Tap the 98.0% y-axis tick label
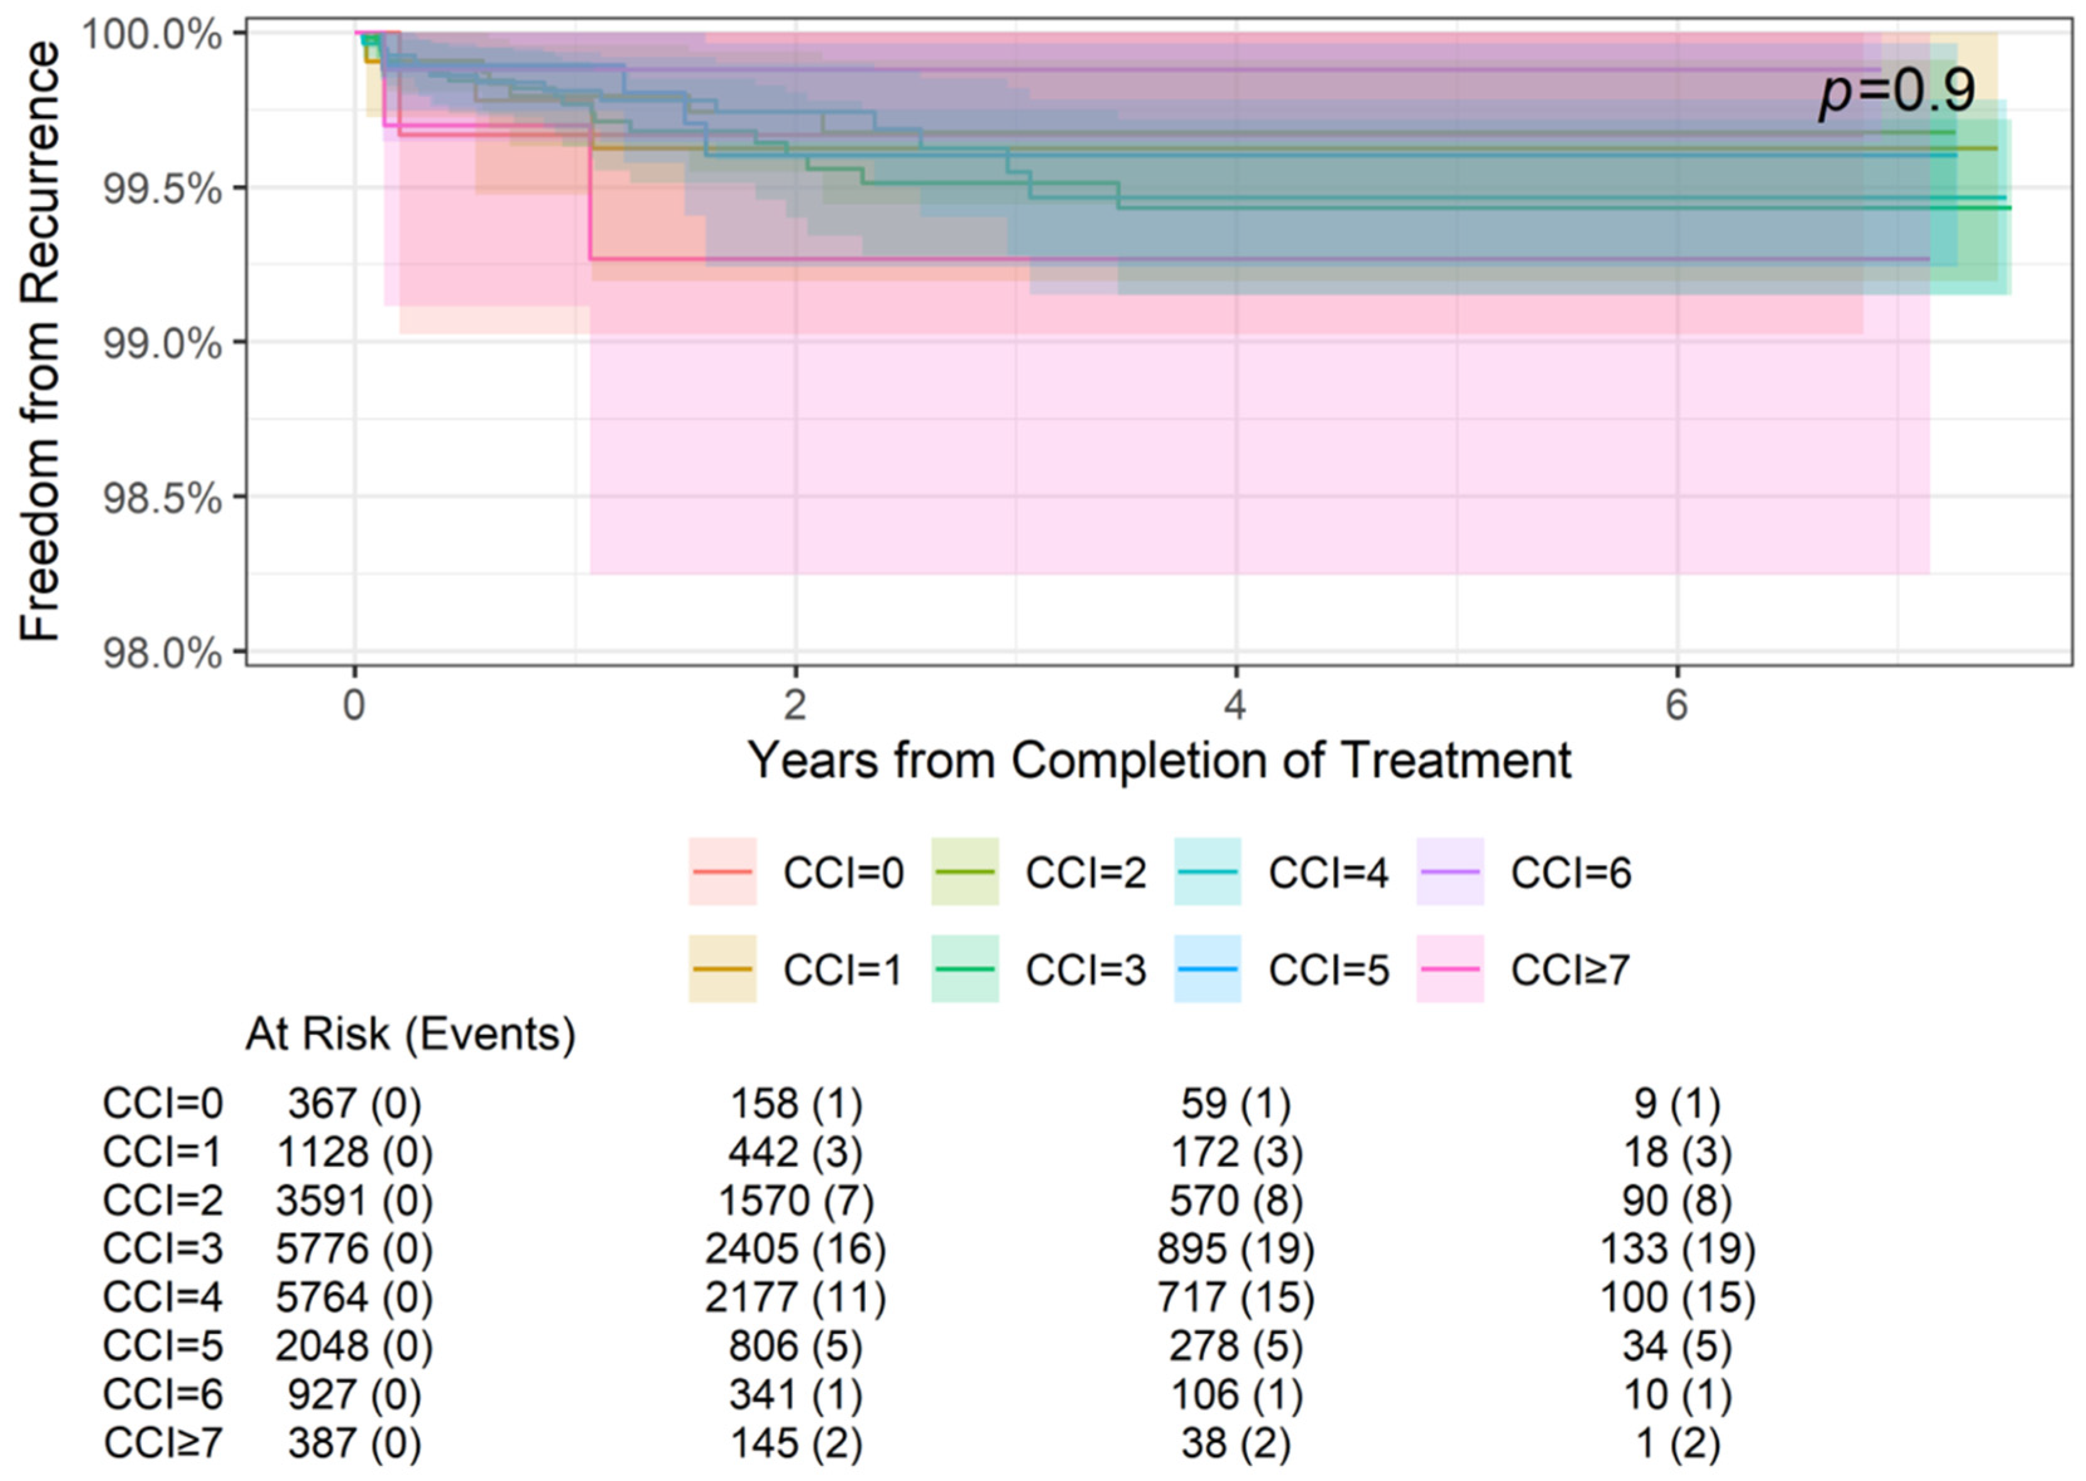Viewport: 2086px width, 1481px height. (162, 653)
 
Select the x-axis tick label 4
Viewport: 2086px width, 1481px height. (1235, 705)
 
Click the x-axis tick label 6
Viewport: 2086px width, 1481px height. (1676, 705)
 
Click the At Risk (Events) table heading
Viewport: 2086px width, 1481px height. (410, 1035)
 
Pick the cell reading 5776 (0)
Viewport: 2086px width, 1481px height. (354, 1249)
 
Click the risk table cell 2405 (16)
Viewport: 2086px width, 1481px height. (795, 1249)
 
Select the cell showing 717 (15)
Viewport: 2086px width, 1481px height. (1235, 1297)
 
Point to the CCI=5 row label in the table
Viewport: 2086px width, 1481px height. (162, 1346)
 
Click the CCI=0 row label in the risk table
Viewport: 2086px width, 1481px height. (162, 1103)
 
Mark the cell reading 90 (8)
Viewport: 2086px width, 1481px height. (1676, 1200)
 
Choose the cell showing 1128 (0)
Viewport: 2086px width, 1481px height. (354, 1152)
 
